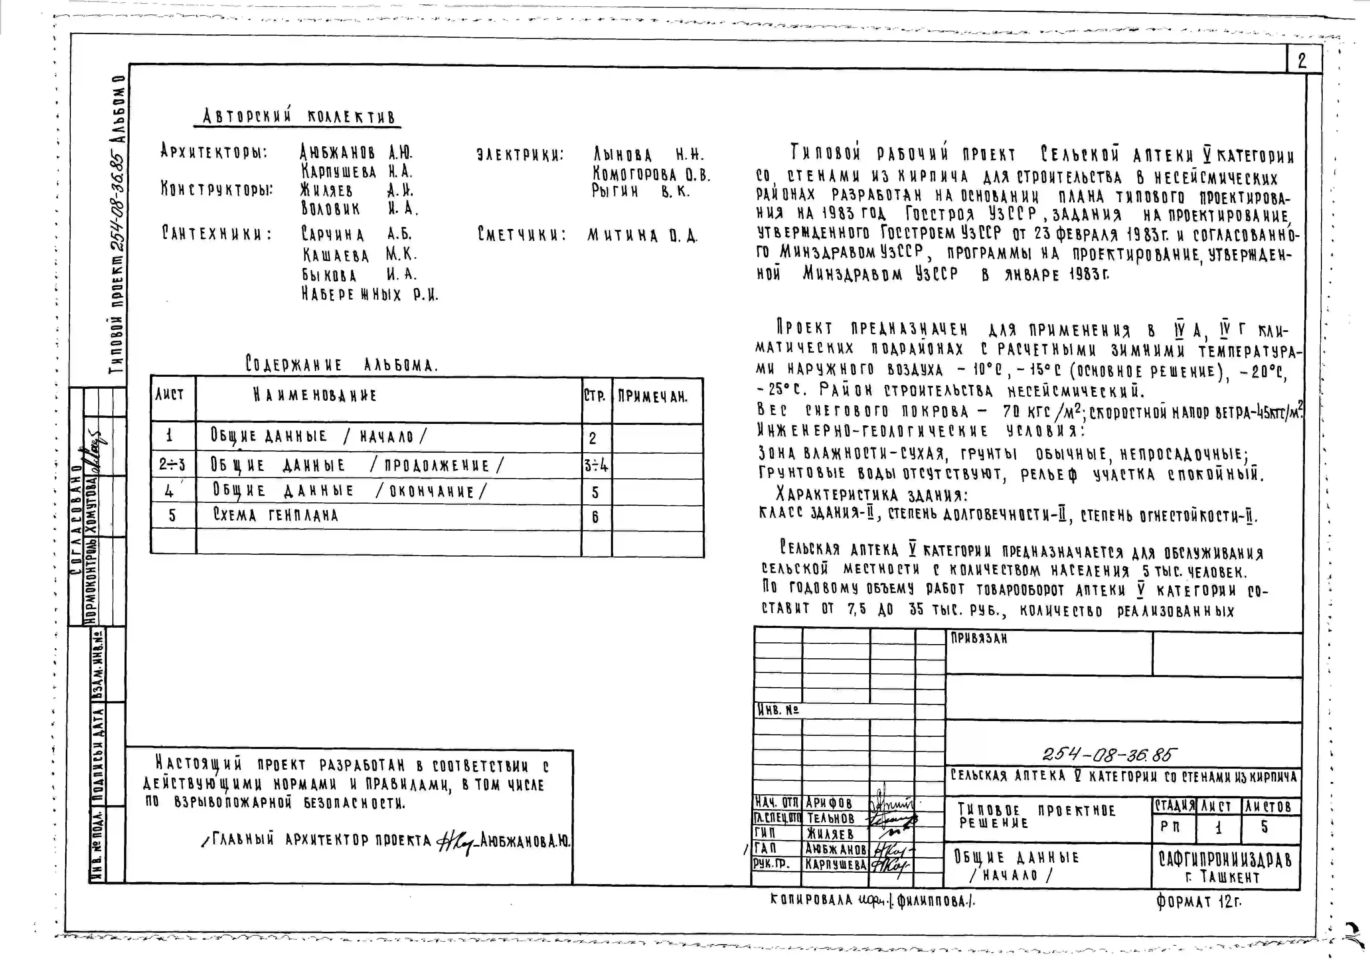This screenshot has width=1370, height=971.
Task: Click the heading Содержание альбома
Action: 341,364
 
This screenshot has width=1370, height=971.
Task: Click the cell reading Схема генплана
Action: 276,516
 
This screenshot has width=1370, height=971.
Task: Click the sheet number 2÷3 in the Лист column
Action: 172,464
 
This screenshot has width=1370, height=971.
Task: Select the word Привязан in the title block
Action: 978,639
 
